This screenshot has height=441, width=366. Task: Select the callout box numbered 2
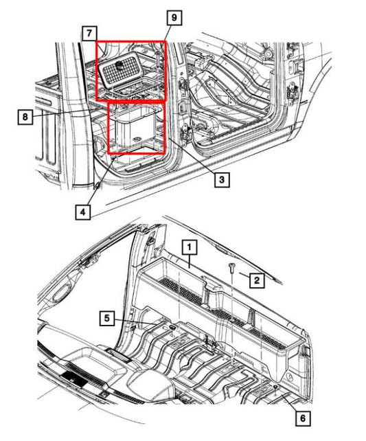click(x=255, y=280)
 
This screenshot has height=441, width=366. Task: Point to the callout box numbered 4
click(x=82, y=212)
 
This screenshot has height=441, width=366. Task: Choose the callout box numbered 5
click(x=107, y=318)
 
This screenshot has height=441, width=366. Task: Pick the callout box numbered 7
click(x=88, y=32)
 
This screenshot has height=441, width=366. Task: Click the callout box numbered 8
click(x=25, y=117)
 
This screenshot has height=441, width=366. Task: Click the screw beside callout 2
click(x=232, y=267)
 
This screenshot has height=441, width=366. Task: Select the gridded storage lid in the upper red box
click(x=130, y=73)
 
